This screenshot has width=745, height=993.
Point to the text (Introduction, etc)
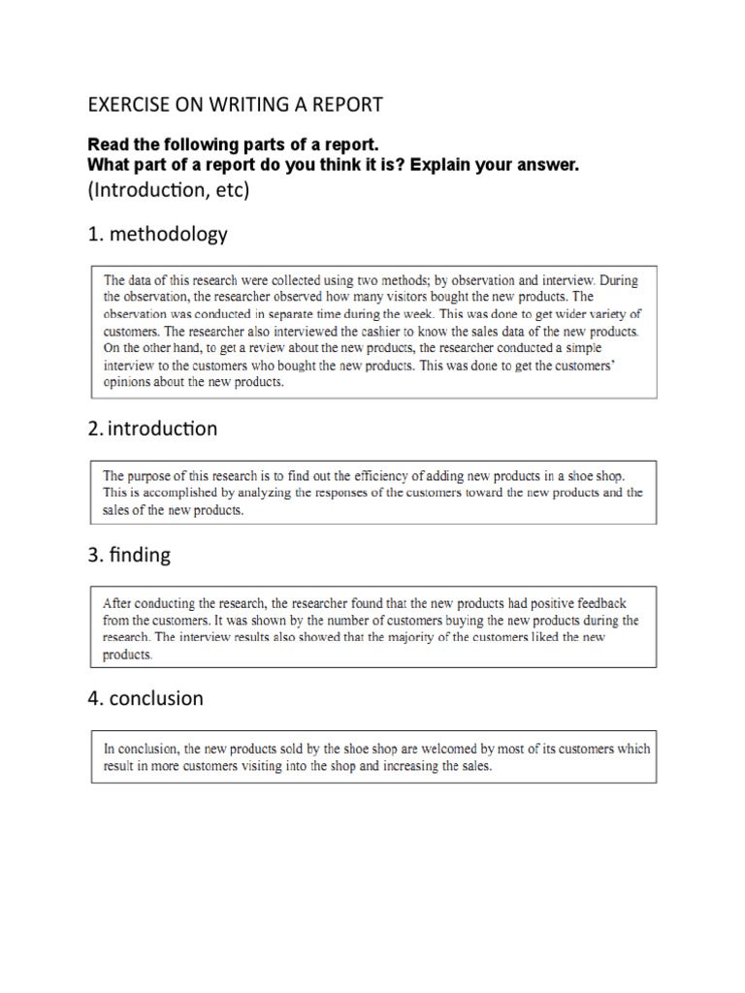pos(169,190)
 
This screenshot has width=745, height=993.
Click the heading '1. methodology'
pos(157,234)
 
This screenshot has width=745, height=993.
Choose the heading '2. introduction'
pos(152,429)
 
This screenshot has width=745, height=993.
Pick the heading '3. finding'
pos(129,555)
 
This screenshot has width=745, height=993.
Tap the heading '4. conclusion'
pos(146,698)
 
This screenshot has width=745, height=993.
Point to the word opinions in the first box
pos(128,382)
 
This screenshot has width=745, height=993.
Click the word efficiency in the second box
pos(384,475)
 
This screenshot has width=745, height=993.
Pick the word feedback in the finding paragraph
pos(602,602)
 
